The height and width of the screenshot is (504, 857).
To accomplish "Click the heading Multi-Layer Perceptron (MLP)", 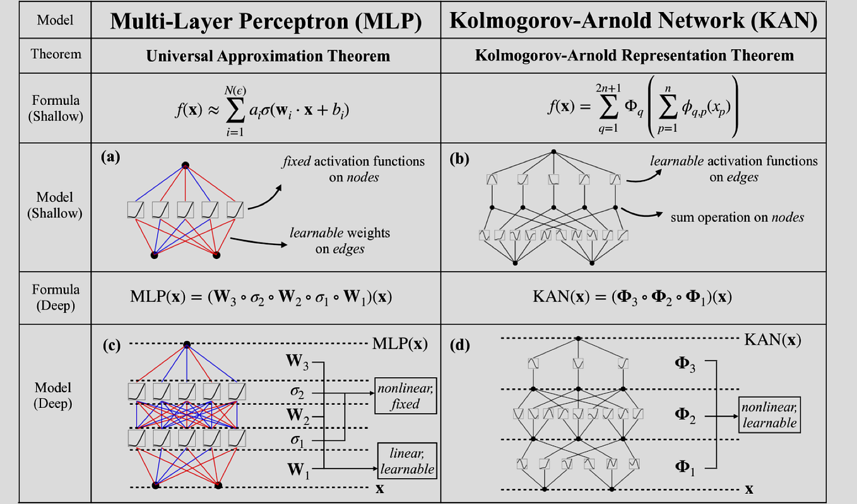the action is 266,21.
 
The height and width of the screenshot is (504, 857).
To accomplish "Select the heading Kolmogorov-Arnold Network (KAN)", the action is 633,20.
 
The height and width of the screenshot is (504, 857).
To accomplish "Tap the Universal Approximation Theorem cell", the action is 268,56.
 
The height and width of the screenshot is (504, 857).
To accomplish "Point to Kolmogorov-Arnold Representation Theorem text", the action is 634,56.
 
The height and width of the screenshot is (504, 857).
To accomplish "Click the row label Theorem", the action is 56,54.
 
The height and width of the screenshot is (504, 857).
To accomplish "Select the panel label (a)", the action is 110,157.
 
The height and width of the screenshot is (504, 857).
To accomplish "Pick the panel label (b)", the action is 459,159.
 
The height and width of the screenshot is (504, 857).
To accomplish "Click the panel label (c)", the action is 112,345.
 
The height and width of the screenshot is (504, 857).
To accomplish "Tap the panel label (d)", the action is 459,345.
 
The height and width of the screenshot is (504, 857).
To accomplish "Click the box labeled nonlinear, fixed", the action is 406,396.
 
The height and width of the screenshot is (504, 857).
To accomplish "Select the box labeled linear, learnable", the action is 407,461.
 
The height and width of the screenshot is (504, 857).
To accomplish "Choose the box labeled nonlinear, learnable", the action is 769,415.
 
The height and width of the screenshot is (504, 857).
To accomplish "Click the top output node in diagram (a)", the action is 185,165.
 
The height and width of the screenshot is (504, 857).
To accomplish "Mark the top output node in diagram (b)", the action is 553,152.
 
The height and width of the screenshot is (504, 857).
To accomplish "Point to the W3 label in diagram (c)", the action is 297,361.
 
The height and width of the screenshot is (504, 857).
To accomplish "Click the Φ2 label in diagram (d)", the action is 685,416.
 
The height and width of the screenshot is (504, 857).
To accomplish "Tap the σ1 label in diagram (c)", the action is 297,440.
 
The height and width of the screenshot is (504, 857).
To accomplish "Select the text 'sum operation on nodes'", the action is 737,217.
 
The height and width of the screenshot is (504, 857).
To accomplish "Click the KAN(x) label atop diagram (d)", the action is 772,340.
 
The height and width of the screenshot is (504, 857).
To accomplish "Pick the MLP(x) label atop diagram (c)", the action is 400,344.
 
